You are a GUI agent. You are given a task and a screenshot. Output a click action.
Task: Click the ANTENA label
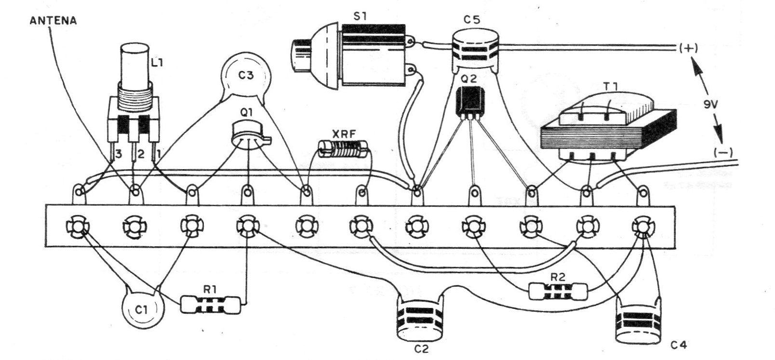tap(53, 21)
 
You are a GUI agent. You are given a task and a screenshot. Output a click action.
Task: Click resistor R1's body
tap(210, 305)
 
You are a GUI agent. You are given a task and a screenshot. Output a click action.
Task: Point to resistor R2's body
tap(558, 291)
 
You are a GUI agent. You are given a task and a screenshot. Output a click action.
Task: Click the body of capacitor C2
tap(420, 319)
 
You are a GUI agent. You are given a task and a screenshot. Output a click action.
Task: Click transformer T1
tap(607, 126)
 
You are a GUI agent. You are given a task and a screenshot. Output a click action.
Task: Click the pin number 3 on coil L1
tap(119, 154)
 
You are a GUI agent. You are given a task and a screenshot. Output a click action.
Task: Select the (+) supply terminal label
tap(688, 48)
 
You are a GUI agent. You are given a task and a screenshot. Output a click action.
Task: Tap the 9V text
tap(711, 104)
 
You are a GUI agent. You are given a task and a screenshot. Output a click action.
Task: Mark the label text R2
tap(557, 277)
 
